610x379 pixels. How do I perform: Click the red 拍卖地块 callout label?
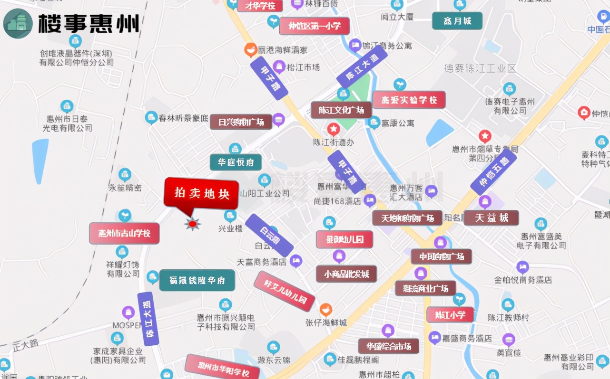coord(201,193)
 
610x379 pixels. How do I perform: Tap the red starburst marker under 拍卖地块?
coord(193,223)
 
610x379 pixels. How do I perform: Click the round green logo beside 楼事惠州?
coord(18,23)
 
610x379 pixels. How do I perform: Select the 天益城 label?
coord(491,218)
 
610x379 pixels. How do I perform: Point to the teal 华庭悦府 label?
coord(236,162)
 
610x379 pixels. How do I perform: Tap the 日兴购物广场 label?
coord(241,122)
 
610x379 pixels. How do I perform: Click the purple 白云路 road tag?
coord(269,235)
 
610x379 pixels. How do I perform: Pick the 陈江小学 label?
coord(450,315)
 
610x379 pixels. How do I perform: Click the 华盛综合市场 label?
coord(388,346)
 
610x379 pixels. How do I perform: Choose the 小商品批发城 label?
coord(346,274)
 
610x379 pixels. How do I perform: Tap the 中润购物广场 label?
coord(442,257)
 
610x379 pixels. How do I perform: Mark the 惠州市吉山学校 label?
coord(124,234)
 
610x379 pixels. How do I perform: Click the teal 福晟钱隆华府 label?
coord(197,280)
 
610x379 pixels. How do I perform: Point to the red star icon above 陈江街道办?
coord(334,128)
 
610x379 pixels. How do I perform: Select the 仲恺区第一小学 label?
coord(314,26)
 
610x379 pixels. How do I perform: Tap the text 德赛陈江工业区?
coord(480,68)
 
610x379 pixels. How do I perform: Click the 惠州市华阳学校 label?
coord(223,368)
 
